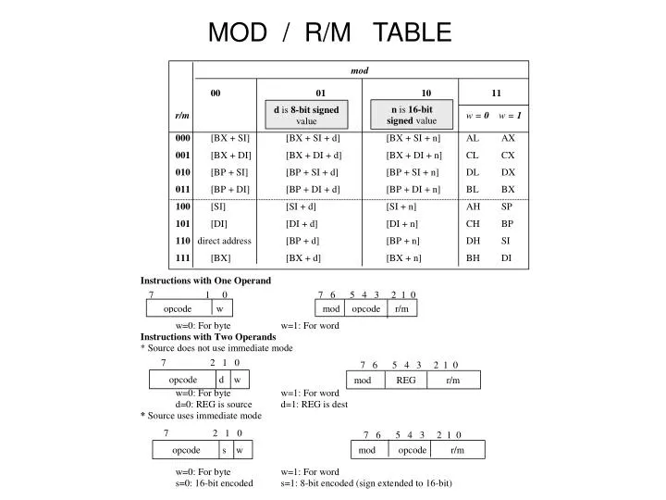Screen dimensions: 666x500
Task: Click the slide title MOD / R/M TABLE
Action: (x=330, y=33)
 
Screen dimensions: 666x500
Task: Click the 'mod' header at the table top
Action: (x=360, y=70)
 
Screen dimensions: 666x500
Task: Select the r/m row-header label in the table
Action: (x=182, y=116)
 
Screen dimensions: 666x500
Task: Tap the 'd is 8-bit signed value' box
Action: (x=306, y=116)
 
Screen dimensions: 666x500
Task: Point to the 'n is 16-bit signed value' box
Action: (x=411, y=115)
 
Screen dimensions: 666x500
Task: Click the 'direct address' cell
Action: (x=224, y=240)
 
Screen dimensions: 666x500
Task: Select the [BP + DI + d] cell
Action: (x=313, y=189)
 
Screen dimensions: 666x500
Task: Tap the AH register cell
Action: (x=473, y=206)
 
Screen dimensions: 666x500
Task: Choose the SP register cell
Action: (x=507, y=206)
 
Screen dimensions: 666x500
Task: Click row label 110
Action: (x=182, y=240)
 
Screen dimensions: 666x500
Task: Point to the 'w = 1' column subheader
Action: (x=510, y=116)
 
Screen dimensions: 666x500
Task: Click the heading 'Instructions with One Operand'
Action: (x=205, y=280)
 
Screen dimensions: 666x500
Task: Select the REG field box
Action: (x=406, y=381)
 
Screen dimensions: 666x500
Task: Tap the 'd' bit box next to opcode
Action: (x=222, y=380)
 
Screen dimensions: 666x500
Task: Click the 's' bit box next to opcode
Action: (x=224, y=450)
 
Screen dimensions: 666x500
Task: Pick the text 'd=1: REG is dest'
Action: (x=314, y=405)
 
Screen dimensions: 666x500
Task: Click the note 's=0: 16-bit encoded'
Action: (x=214, y=483)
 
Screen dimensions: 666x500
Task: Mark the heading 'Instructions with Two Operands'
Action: (x=208, y=337)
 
